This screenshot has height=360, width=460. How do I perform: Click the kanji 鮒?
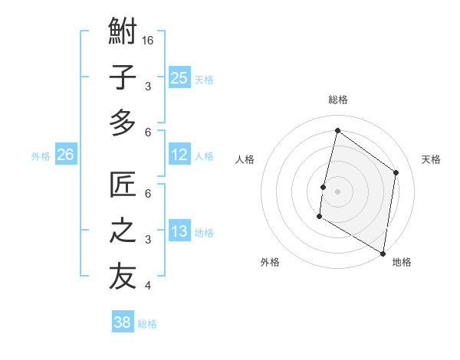(x=123, y=32)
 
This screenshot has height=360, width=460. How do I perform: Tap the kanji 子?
(x=123, y=77)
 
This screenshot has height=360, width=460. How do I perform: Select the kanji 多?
(x=123, y=123)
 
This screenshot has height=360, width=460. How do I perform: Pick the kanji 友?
(x=123, y=277)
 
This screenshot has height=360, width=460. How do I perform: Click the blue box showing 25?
(x=179, y=77)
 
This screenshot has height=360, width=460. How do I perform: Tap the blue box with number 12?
(x=179, y=155)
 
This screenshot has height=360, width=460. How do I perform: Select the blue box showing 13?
(x=179, y=232)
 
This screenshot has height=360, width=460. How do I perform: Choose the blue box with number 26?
(x=66, y=155)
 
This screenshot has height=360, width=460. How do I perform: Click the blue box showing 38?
(x=123, y=322)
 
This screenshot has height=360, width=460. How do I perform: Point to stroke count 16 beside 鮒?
(x=149, y=40)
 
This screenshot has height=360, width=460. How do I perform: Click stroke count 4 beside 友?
(x=148, y=286)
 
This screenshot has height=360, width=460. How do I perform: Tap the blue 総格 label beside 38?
(x=147, y=324)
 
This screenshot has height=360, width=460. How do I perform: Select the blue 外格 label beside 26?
(x=41, y=156)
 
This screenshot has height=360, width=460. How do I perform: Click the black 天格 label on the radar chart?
(x=431, y=159)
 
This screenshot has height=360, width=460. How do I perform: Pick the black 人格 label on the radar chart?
(x=245, y=159)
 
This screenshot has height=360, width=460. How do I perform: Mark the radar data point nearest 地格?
(x=383, y=253)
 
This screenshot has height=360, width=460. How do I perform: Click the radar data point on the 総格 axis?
(x=337, y=131)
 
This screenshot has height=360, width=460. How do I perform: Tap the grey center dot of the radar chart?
(x=337, y=191)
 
